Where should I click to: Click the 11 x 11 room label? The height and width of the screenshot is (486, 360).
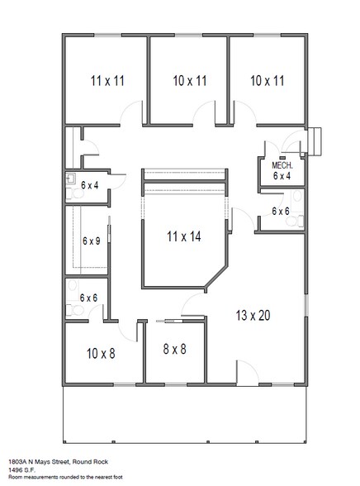point(107,81)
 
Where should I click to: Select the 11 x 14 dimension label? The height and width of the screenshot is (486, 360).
point(184,236)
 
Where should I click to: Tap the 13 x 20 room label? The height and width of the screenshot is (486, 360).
point(253,316)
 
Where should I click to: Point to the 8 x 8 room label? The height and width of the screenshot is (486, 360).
point(174,349)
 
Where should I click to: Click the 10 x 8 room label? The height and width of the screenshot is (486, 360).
point(101,354)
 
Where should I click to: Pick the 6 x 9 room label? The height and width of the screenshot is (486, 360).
point(92,241)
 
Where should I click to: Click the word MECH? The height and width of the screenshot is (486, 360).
point(282,165)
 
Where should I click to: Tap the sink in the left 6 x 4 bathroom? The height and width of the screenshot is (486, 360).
point(71,179)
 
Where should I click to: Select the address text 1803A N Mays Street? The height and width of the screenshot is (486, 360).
point(40,462)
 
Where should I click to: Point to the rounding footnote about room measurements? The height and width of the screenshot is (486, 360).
point(65,477)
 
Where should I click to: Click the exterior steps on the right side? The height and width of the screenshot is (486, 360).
point(315,141)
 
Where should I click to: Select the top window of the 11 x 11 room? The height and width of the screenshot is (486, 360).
point(107,35)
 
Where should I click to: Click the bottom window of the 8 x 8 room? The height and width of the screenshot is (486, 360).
point(176,384)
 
